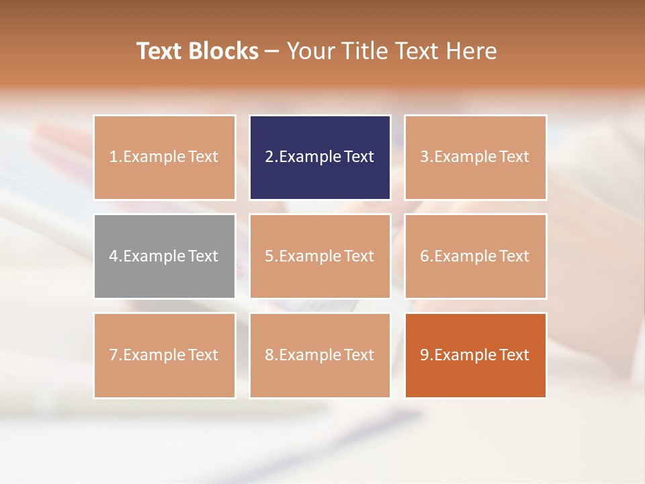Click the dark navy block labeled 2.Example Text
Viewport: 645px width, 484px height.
pyautogui.click(x=320, y=157)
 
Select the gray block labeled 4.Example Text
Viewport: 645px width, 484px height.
pyautogui.click(x=165, y=256)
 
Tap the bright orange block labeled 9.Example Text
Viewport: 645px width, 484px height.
pyautogui.click(x=475, y=355)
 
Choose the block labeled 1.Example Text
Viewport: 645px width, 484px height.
pyautogui.click(x=165, y=157)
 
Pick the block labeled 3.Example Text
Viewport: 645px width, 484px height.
pyautogui.click(x=475, y=157)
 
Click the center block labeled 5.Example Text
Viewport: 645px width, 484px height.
pyautogui.click(x=320, y=256)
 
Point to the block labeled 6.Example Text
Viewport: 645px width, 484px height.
pyautogui.click(x=475, y=256)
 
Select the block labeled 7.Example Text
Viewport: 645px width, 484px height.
pyautogui.click(x=165, y=355)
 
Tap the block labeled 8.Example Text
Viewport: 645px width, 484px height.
pyautogui.click(x=320, y=355)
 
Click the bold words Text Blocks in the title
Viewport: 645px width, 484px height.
pyautogui.click(x=198, y=51)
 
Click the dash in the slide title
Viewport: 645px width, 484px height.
pyautogui.click(x=272, y=52)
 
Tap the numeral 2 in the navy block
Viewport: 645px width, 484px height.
pyautogui.click(x=269, y=157)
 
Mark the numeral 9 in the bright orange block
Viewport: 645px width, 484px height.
pyautogui.click(x=425, y=355)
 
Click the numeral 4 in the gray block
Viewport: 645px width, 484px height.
pyautogui.click(x=114, y=256)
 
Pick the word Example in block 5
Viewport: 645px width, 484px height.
pyautogui.click(x=310, y=256)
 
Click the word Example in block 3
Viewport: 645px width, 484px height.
pyautogui.click(x=465, y=157)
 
